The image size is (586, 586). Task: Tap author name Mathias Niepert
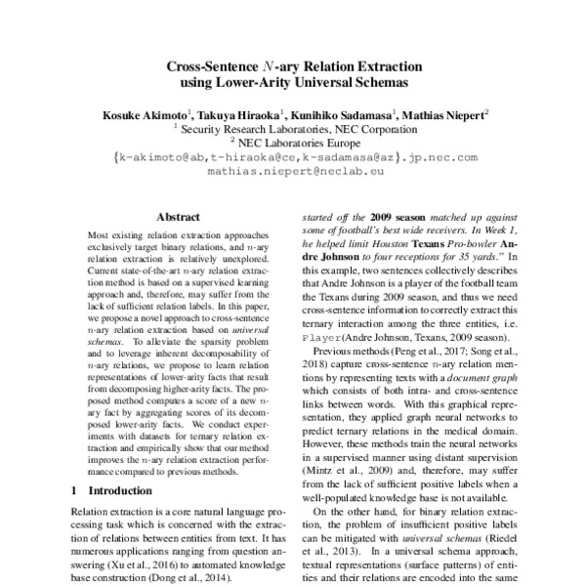443,115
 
